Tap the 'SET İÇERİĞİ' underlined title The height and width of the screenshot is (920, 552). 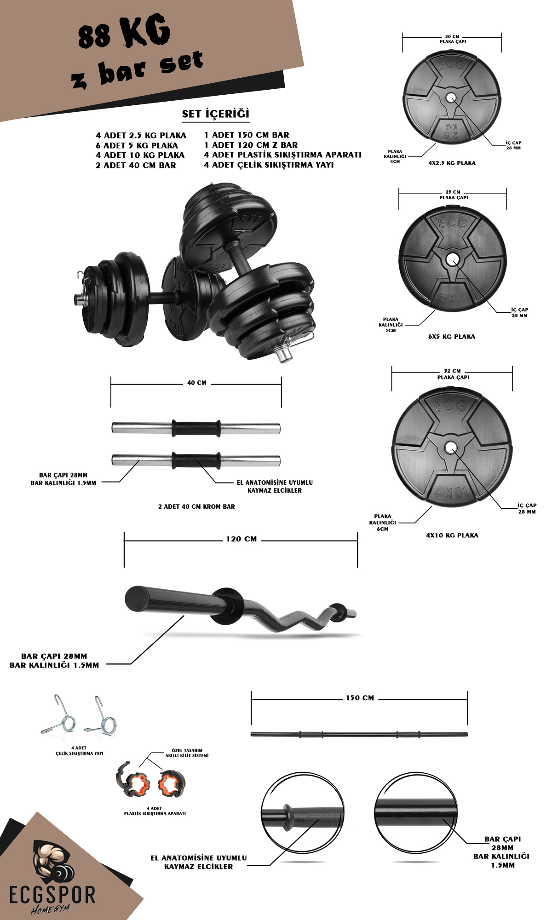(215, 114)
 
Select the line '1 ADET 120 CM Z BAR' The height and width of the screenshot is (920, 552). (251, 145)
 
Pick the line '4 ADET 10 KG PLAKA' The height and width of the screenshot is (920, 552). (140, 155)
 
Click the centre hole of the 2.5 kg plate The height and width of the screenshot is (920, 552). (451, 98)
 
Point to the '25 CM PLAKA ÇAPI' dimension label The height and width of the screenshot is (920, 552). (453, 195)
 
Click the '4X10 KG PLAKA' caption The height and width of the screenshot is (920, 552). (452, 535)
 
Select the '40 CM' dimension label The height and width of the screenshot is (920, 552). (196, 383)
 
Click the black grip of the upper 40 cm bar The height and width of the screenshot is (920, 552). (196, 428)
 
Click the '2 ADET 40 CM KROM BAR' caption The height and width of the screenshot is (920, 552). (196, 506)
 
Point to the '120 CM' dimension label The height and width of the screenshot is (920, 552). (241, 539)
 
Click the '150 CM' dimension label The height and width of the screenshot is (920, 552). (360, 698)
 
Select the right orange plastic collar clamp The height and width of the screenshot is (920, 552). (172, 784)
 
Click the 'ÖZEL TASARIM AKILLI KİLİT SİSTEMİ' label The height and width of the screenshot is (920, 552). (187, 753)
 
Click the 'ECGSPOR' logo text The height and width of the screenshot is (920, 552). (52, 895)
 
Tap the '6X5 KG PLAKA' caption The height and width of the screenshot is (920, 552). (451, 336)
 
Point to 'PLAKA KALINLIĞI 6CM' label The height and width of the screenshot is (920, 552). (382, 523)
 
